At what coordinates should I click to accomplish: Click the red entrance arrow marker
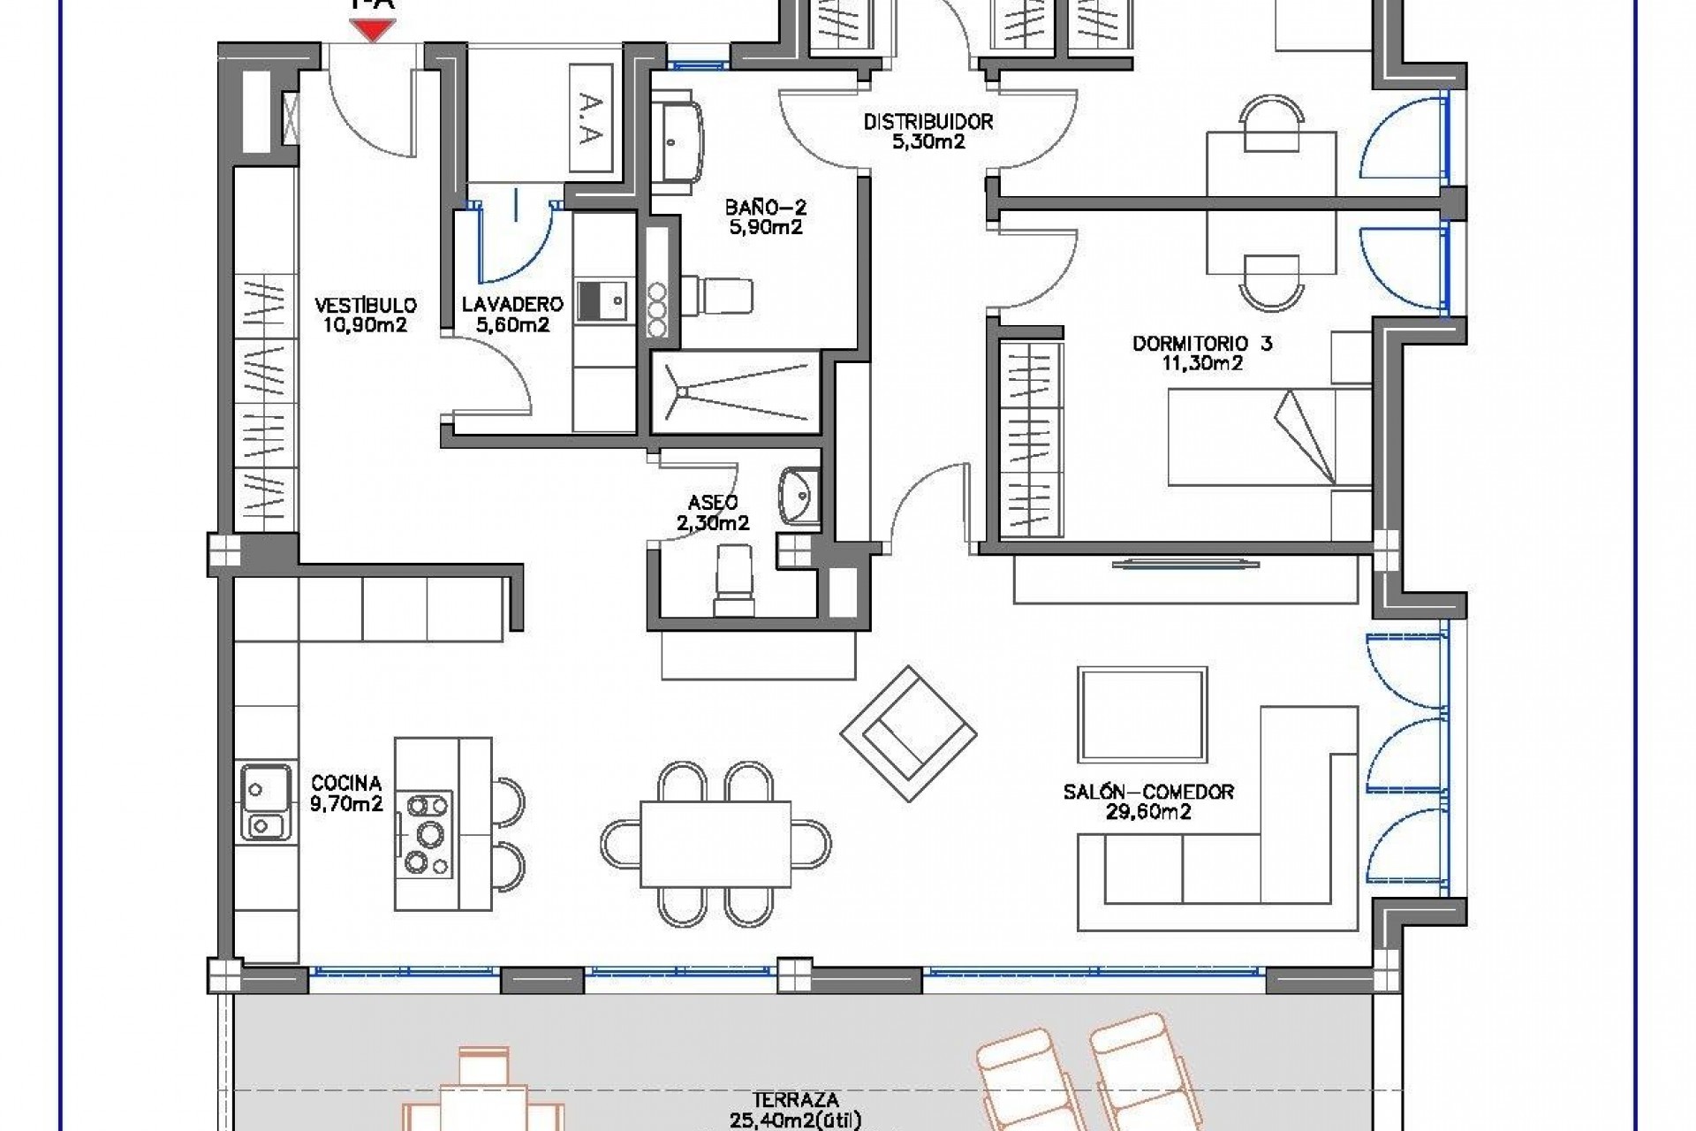[373, 31]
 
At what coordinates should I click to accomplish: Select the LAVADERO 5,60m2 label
[512, 315]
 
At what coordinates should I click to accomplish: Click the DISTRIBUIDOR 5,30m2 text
[928, 132]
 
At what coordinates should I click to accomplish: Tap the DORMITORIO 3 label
[1202, 353]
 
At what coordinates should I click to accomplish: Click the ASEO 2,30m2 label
[713, 512]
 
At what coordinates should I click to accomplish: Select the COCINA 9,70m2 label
[346, 793]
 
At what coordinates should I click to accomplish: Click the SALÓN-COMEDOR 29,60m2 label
[1148, 801]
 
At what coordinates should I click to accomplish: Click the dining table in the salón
[715, 843]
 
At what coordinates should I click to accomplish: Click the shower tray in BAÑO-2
[735, 391]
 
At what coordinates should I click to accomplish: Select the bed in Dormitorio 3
[1268, 436]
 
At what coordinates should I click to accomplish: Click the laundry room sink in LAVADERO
[602, 300]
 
